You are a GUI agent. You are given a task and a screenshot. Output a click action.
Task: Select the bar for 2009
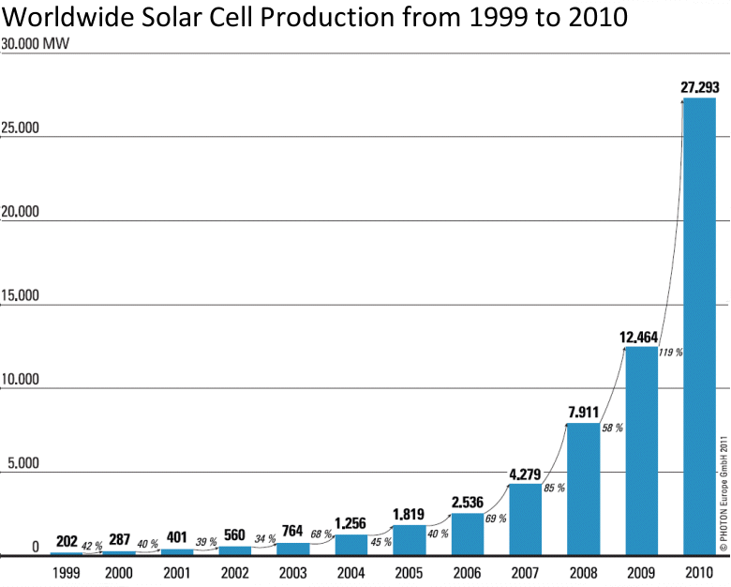641,451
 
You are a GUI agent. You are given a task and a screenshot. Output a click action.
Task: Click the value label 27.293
699,87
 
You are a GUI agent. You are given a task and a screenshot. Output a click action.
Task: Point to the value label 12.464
641,336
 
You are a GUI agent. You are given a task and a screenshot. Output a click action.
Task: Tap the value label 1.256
351,523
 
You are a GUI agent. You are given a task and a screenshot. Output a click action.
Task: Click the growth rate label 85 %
555,488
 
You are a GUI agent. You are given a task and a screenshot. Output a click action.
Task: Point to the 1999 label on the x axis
65,569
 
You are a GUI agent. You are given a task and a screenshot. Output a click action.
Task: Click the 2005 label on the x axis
409,569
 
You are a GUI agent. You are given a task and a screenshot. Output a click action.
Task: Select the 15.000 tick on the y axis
20,296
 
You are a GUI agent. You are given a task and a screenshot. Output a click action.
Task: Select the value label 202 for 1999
67,541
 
